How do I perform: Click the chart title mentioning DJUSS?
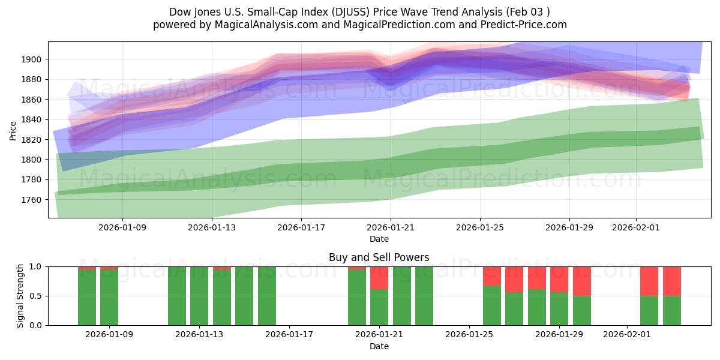359,12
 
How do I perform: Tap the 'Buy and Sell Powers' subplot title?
379,257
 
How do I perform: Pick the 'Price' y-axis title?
13,130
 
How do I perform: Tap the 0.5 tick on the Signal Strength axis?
35,296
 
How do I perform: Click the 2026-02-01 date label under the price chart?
635,227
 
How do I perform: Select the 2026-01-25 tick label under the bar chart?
468,335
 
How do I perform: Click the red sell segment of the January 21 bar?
379,278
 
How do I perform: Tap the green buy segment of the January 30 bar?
582,310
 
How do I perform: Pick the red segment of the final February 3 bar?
672,281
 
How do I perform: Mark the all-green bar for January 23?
424,296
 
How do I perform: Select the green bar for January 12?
177,296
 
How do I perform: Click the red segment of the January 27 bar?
514,279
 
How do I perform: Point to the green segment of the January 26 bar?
492,305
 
